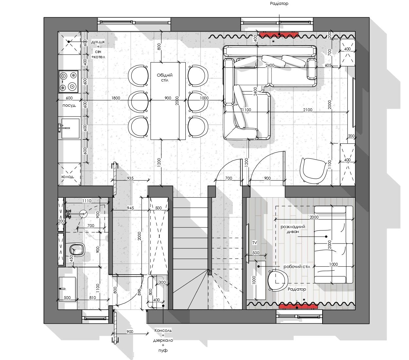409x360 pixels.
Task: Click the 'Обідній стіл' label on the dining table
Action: pyautogui.click(x=165, y=78)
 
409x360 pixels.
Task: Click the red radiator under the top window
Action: pyautogui.click(x=279, y=34)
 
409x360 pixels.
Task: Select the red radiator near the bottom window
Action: pyautogui.click(x=298, y=306)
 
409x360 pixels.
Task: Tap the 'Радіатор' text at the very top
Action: pyautogui.click(x=279, y=4)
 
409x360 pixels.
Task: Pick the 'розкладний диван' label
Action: pyautogui.click(x=293, y=229)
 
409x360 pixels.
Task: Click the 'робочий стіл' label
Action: pyautogui.click(x=296, y=266)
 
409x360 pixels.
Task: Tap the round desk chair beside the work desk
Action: pyautogui.click(x=278, y=280)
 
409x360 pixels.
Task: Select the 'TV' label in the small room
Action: pyautogui.click(x=254, y=243)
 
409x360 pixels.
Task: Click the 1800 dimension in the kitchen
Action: pyautogui.click(x=116, y=98)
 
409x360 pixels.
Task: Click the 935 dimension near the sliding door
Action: pyautogui.click(x=130, y=178)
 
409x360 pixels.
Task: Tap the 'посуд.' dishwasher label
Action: pyautogui.click(x=69, y=105)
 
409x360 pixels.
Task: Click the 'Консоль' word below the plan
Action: pyautogui.click(x=163, y=331)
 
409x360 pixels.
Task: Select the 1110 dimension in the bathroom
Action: pyautogui.click(x=86, y=201)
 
